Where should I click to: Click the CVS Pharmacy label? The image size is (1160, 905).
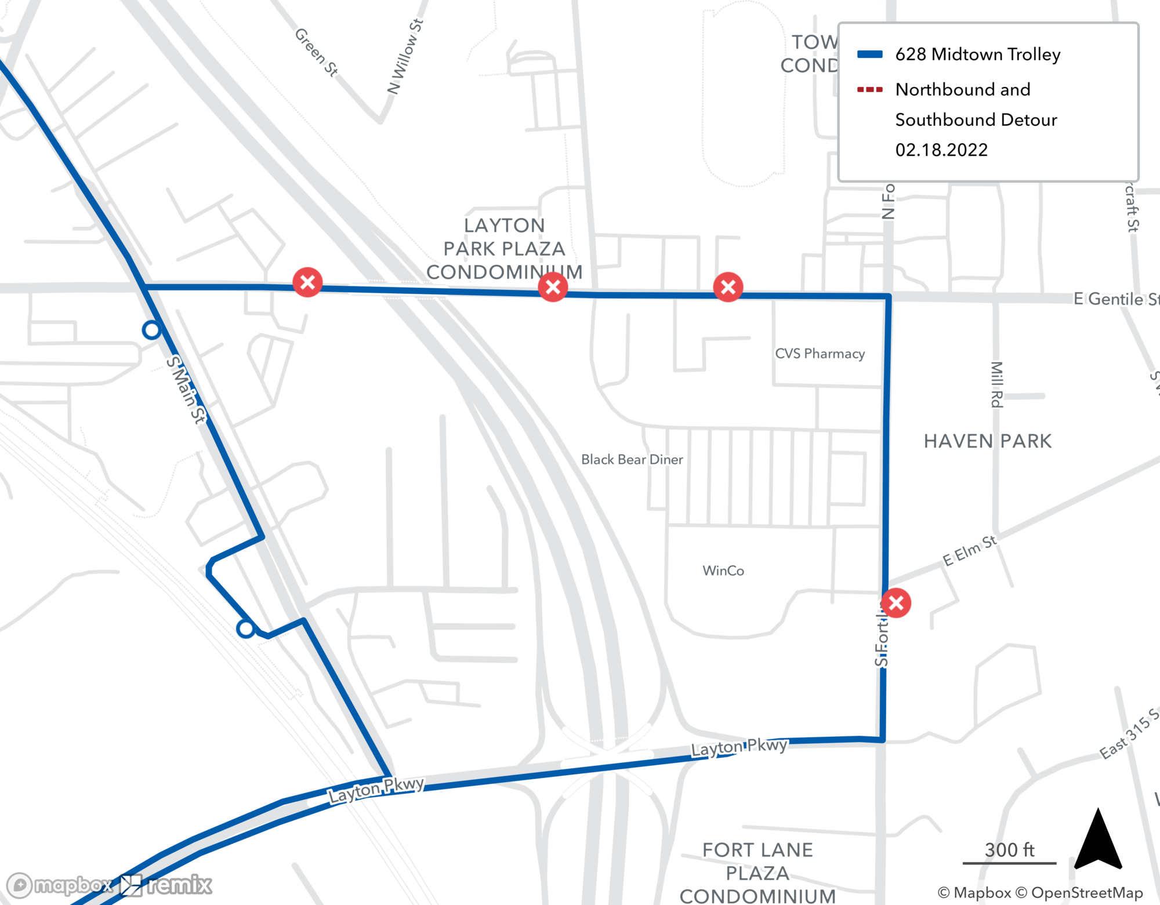820,354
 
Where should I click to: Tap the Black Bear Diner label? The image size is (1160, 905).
632,460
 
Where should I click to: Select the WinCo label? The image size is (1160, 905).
723,571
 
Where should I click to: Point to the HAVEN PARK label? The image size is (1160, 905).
987,441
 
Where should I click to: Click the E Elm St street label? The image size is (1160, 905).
969,551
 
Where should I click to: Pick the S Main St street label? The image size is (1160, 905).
186,390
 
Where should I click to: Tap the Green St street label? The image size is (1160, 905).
316,52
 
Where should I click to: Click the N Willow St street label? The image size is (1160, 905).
405,56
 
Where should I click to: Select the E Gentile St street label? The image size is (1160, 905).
1115,299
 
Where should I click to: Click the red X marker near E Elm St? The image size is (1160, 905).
896,603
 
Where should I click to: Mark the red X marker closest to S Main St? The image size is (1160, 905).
307,282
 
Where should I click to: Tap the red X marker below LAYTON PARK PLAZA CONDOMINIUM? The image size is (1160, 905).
553,286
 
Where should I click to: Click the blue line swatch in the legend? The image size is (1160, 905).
870,54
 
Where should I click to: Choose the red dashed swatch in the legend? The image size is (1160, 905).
870,90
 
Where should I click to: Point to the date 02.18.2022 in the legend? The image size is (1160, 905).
941,150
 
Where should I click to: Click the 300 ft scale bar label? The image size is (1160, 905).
1009,850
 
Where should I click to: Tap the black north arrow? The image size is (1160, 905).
1098,841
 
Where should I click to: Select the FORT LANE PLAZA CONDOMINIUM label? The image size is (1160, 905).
757,873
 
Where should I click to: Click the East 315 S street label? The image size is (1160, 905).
1129,734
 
